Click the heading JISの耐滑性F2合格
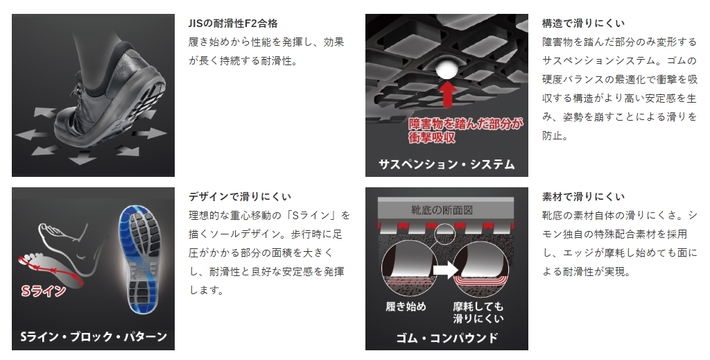[x=233, y=23]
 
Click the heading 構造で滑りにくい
[x=583, y=23]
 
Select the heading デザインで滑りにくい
[x=240, y=196]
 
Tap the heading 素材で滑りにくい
[x=583, y=196]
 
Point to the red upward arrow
[x=447, y=94]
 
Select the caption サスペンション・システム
[x=447, y=164]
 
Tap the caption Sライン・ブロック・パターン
[x=94, y=336]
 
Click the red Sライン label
[x=43, y=291]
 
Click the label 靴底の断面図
[x=442, y=210]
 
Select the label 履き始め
[x=406, y=307]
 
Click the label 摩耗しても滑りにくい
[x=478, y=312]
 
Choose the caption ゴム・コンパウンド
[x=447, y=338]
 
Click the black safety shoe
[x=111, y=94]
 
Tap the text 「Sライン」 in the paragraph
[x=309, y=215]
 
